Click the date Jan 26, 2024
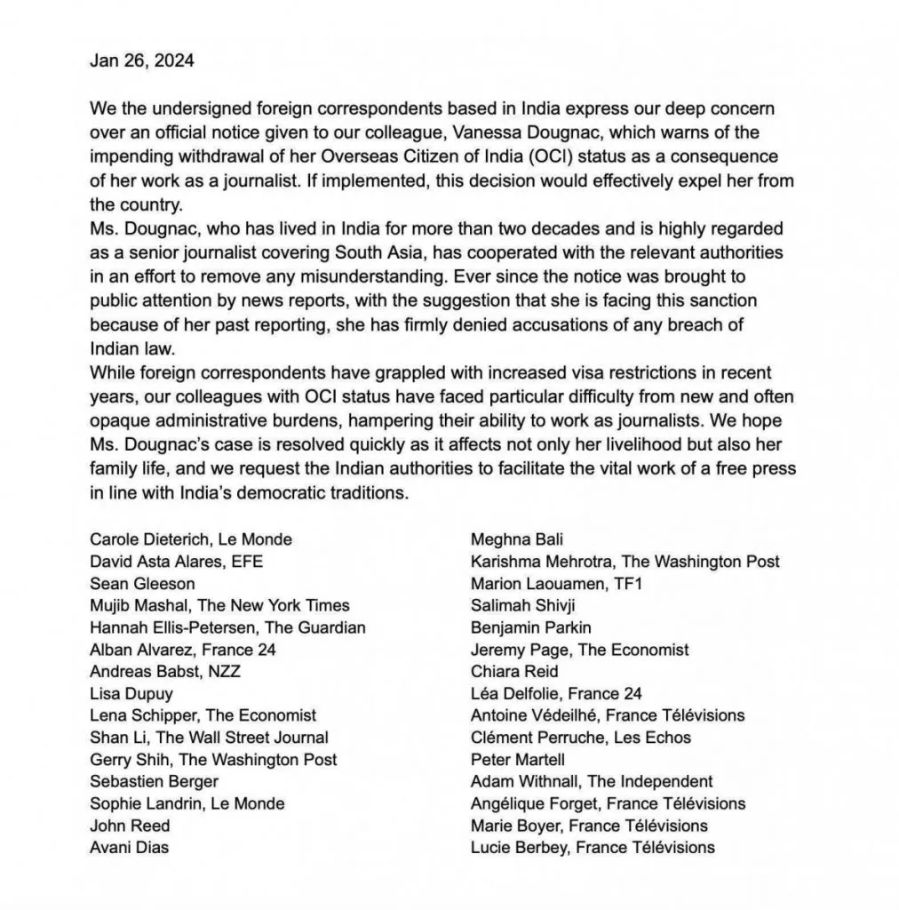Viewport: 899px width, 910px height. coord(142,61)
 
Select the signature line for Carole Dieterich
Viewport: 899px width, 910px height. coord(191,539)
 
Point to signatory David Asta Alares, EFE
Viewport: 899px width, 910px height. coord(177,561)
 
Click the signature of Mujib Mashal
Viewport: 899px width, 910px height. coord(219,605)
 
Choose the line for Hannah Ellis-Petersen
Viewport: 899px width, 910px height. coord(227,627)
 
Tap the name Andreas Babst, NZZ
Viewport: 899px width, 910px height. coord(165,671)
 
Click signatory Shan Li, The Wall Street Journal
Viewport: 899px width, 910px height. coord(209,737)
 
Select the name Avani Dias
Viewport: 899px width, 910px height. coord(130,847)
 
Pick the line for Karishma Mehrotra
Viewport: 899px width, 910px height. coord(625,561)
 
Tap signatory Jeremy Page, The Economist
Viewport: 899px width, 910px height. coord(580,650)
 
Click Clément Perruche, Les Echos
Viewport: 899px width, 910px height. coord(581,737)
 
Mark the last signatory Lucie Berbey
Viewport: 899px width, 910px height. coord(593,847)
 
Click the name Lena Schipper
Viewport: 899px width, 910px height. coord(203,714)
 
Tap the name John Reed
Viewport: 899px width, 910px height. coord(130,826)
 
